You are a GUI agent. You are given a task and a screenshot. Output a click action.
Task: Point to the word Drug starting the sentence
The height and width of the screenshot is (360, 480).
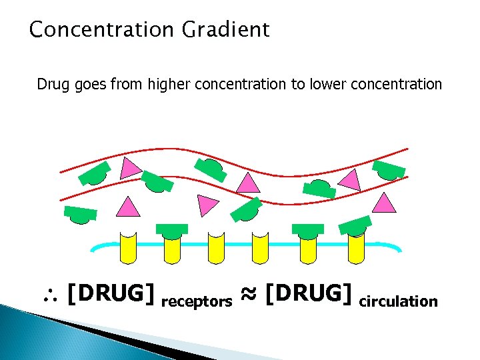pos(51,85)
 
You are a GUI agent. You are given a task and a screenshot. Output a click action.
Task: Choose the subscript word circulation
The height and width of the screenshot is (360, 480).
pos(398,301)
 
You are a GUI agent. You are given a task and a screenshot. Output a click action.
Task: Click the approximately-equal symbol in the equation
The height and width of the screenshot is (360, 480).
pos(248,293)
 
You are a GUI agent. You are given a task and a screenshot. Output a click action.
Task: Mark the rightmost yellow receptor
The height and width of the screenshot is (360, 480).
pos(356,248)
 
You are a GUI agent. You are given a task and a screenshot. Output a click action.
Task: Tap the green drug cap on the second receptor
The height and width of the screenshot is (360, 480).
pos(172,230)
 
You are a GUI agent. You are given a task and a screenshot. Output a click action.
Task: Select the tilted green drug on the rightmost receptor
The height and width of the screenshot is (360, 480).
pos(355,226)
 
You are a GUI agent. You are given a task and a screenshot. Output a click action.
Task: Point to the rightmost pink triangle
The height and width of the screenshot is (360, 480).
pos(384,203)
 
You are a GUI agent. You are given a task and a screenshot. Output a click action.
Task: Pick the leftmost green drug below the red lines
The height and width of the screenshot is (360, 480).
pos(81,214)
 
